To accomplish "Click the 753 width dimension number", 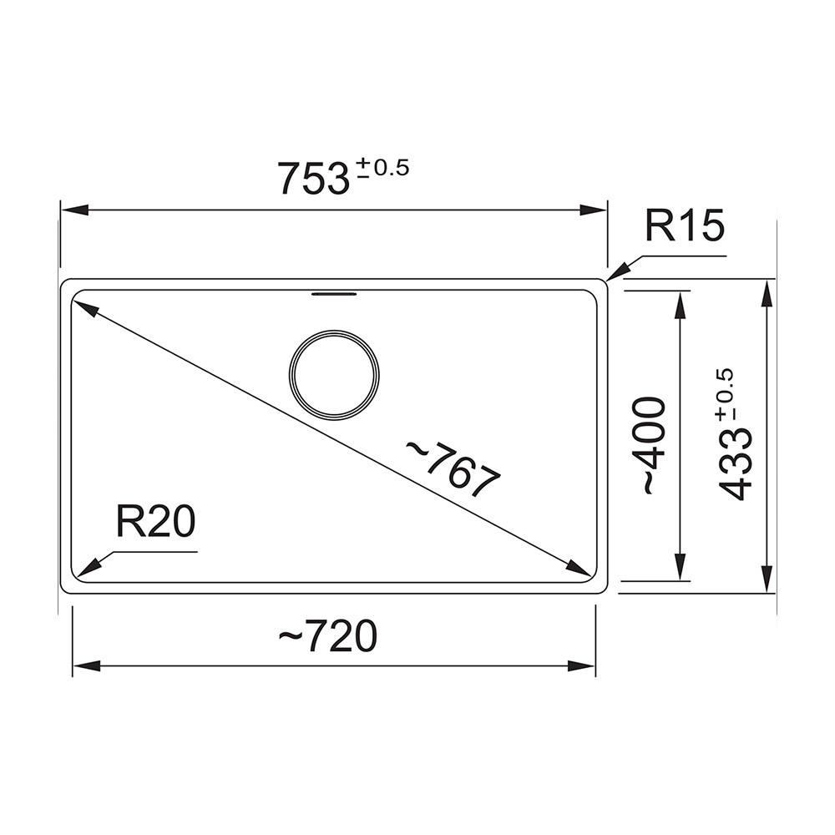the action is [x=314, y=179].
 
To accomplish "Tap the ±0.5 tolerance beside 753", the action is [x=382, y=168].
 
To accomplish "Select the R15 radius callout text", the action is [x=686, y=225].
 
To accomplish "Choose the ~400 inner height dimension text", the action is [x=654, y=446].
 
